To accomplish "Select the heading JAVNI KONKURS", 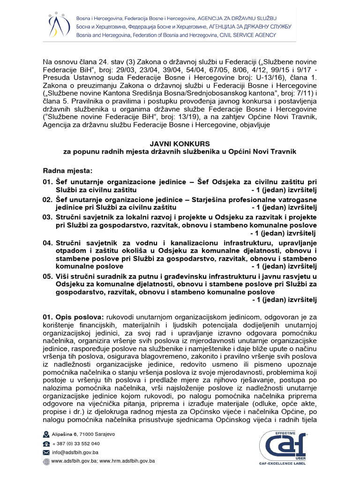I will point(180,143).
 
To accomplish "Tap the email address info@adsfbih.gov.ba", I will point(75,452).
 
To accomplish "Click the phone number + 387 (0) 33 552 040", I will point(75,443).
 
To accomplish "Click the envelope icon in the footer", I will point(46,453).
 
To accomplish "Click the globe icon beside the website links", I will point(46,462).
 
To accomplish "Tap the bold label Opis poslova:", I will point(80,317).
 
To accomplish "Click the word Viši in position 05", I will point(63,277).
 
